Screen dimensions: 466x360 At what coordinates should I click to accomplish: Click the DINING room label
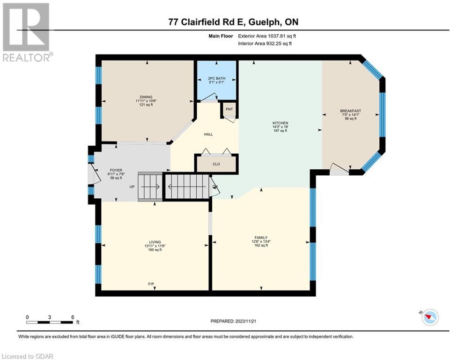coord(146,97)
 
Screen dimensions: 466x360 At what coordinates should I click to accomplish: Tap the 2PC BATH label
coord(217,78)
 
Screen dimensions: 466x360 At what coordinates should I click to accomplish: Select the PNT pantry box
coord(229,110)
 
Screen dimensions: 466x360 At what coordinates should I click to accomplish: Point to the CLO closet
coord(216,164)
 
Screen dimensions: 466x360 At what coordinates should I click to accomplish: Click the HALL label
coord(208,134)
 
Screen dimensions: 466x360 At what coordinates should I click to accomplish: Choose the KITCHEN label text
coord(280,123)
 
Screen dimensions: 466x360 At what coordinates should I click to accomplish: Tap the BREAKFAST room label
coord(351,111)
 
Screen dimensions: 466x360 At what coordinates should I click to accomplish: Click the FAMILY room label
coord(261,237)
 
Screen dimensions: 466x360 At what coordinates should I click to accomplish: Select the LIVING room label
coord(155,242)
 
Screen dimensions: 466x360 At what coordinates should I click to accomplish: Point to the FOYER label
coord(116,170)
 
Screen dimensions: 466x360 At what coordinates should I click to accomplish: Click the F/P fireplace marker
coord(151,284)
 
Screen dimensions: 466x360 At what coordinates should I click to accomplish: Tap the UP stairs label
coord(132,187)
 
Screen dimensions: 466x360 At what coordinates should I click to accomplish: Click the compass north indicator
coord(430,317)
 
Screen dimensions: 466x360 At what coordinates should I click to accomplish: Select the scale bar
coord(50,322)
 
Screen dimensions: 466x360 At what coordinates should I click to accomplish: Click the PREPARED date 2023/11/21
coord(233,321)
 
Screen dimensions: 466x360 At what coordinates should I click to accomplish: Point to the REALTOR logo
coord(27,32)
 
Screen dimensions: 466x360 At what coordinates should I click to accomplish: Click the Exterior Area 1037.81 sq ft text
coord(267,36)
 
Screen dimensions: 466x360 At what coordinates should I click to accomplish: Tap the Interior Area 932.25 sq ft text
coord(265,44)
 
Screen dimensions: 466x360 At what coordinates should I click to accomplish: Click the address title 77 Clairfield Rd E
coord(207,22)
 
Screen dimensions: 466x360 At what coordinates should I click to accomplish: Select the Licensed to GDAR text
coord(27,356)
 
